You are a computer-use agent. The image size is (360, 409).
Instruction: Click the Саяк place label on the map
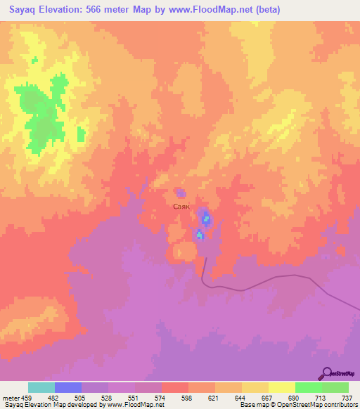click(181, 207)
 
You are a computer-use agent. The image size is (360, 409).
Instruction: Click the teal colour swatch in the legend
click(41, 387)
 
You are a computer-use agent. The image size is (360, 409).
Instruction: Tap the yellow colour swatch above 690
click(281, 387)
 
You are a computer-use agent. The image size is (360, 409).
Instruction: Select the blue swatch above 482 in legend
click(68, 387)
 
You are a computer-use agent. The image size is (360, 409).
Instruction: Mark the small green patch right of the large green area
click(81, 133)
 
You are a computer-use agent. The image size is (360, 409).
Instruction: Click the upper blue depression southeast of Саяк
click(205, 219)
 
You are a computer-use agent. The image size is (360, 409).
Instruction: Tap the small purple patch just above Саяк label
click(181, 193)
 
